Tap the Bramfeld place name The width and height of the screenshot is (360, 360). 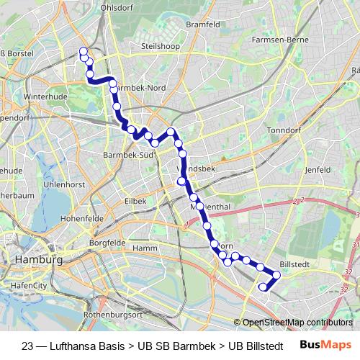point(202,24)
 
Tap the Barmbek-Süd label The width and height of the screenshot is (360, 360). point(127,154)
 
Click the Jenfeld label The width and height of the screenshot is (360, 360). point(316,170)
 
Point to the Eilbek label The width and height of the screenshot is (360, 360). point(135,201)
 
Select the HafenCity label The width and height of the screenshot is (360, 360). point(29,286)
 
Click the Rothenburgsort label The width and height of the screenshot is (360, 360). point(114,315)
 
